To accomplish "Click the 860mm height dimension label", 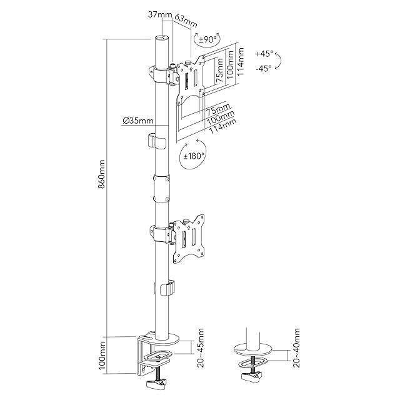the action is click(x=101, y=174).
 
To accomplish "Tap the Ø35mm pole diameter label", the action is click(x=138, y=121).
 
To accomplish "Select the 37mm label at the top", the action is click(x=160, y=14).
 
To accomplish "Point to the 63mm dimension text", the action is click(x=186, y=21).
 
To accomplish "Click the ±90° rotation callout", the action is click(x=207, y=39).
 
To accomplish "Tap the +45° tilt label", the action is click(x=264, y=54).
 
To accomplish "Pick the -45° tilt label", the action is click(x=264, y=68).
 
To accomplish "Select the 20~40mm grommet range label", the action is click(x=297, y=347).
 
